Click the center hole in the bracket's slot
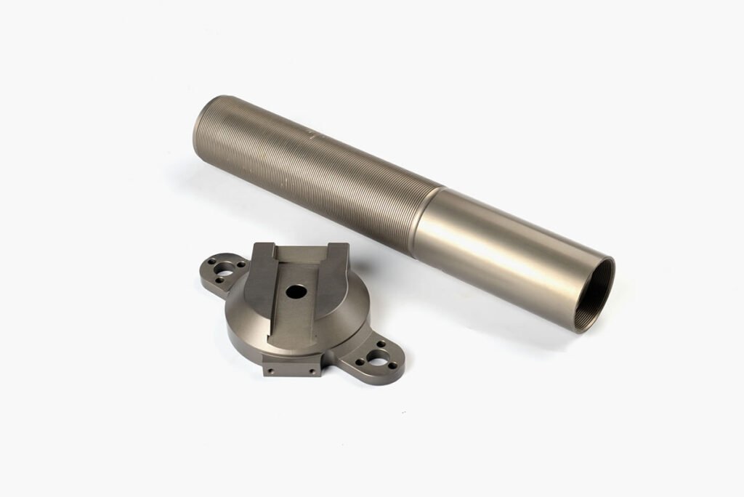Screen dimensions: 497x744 tap(296, 291)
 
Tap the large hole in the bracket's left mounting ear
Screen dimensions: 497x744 tap(223, 271)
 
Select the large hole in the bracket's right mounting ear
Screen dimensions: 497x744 tap(379, 358)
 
